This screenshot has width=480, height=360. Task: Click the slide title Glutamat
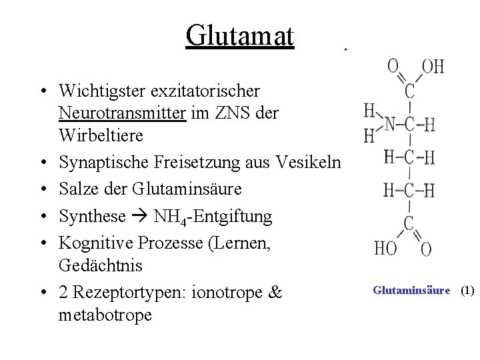tap(240, 35)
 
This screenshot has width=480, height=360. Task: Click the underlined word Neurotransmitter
tap(121, 113)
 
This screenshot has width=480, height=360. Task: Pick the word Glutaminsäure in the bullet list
tap(187, 189)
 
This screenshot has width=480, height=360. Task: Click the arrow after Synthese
tap(140, 216)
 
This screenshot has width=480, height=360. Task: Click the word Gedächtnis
tap(101, 265)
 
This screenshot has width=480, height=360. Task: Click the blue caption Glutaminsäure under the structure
tap(411, 290)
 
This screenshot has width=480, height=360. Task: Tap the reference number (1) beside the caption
tap(467, 290)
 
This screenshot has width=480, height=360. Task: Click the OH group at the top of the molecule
tap(433, 67)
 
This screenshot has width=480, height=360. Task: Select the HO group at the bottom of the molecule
tap(385, 249)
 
